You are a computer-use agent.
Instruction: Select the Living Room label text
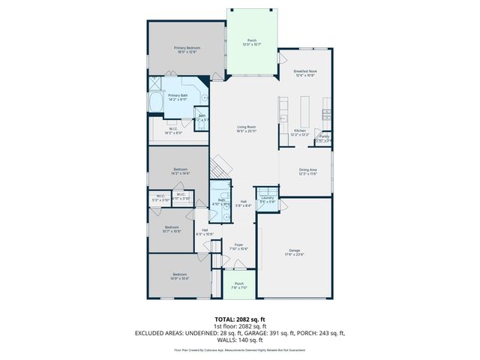pos(247,128)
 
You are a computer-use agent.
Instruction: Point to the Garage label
pos(295,250)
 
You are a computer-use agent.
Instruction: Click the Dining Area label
pos(308,170)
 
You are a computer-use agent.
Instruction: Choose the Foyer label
pos(238,245)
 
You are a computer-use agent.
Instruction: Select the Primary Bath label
pos(178,95)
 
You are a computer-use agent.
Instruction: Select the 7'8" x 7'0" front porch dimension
pos(238,287)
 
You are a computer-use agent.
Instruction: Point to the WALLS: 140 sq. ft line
pos(240,339)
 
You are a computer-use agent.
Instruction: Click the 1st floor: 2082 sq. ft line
pos(239,326)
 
